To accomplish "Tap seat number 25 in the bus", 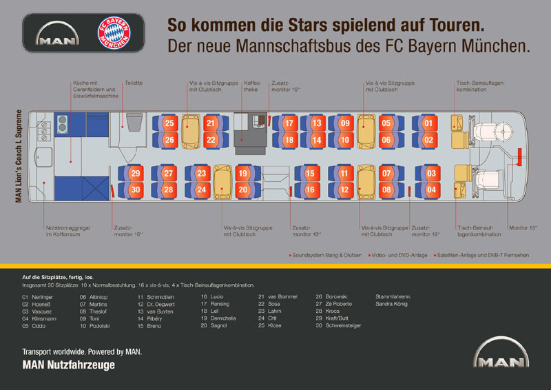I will (169, 124).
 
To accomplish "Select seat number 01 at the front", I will (428, 124).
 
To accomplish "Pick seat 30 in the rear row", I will (135, 189).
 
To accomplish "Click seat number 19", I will (242, 174).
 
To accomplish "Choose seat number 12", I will (344, 189).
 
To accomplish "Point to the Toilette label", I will (134, 83).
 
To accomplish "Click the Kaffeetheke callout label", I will (252, 86).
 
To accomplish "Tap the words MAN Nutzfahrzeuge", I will (69, 366).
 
